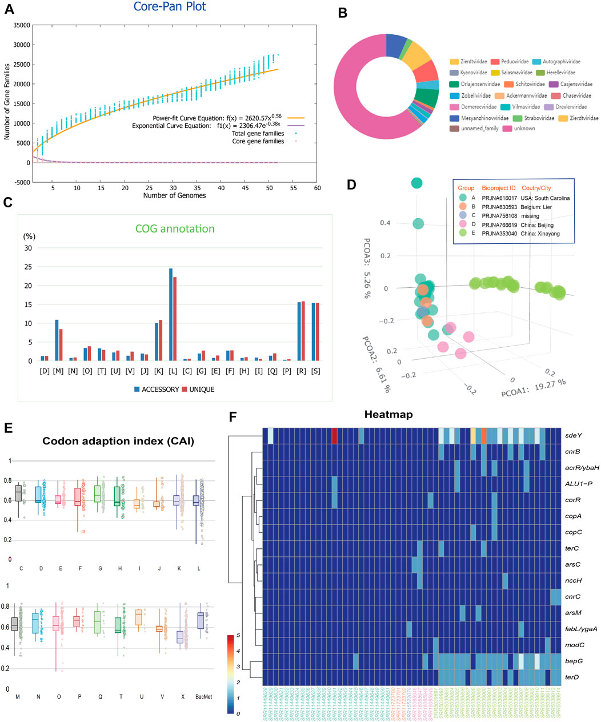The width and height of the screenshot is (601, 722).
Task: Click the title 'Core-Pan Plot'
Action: point(170,7)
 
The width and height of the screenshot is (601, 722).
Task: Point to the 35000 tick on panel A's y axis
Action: point(21,25)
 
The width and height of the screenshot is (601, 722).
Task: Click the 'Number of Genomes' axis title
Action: point(174,195)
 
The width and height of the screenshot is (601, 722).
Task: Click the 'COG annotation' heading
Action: point(175,228)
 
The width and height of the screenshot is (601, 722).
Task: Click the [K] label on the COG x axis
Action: point(158,371)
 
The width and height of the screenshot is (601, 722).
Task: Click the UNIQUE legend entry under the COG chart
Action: point(198,390)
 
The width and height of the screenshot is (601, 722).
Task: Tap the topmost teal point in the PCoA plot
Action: point(417,183)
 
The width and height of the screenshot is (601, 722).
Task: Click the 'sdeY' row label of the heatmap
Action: point(574,435)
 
